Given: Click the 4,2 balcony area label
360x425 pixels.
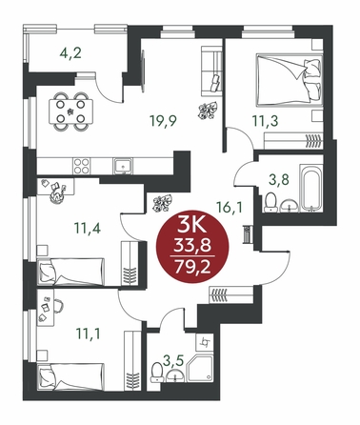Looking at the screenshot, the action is [x=70, y=52].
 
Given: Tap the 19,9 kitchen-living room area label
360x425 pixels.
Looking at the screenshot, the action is [x=163, y=121].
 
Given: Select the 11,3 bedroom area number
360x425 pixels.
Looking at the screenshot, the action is [x=265, y=120].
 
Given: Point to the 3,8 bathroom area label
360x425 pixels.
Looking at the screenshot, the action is [x=279, y=180].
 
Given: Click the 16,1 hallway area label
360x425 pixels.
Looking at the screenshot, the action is [x=230, y=208].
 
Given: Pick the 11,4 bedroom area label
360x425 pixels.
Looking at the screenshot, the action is [x=88, y=228].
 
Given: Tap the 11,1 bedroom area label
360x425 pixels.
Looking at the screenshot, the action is [x=88, y=334].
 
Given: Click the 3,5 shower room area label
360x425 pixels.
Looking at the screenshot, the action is [x=174, y=361].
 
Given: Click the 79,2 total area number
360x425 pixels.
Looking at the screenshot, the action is [x=192, y=267].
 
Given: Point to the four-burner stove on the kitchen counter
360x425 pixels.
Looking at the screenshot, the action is [x=81, y=166].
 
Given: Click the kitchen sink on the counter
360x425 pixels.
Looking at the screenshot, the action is [x=123, y=166].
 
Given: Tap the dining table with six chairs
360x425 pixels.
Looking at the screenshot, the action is [x=70, y=111].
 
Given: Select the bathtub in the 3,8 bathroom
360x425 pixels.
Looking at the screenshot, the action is [x=311, y=188].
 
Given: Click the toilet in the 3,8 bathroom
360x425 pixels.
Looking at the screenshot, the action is [x=270, y=203].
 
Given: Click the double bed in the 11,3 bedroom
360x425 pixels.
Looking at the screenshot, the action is [x=290, y=80].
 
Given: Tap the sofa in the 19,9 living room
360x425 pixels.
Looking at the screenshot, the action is [x=211, y=71].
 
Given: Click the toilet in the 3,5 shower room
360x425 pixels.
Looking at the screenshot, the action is [x=156, y=373].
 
